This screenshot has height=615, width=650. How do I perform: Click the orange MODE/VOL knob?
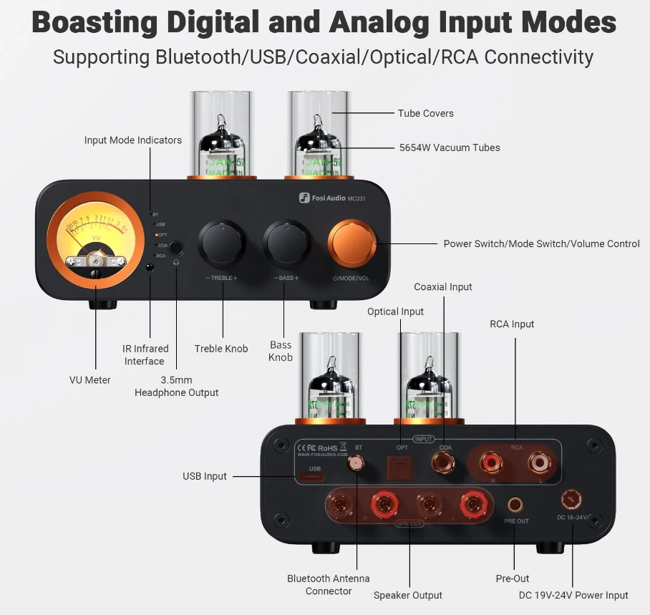pos(352,243)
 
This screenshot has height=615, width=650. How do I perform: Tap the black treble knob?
pos(220,243)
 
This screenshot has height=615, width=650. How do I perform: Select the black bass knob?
pos(286,243)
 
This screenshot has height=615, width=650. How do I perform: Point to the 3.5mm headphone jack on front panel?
pos(175,248)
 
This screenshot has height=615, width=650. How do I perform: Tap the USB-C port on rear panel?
pos(314,475)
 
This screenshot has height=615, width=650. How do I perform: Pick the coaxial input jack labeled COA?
pos(444,465)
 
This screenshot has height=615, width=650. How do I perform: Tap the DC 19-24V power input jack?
pos(571,498)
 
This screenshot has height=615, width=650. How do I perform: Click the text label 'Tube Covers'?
pos(425,113)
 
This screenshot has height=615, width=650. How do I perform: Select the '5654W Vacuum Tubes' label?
pos(449,147)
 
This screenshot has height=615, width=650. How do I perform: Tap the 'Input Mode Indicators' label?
pos(132,140)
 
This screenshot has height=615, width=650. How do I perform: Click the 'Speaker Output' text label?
pos(407,595)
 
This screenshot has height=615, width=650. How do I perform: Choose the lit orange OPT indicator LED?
pos(156,235)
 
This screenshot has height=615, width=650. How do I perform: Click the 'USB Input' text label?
pos(204,476)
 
